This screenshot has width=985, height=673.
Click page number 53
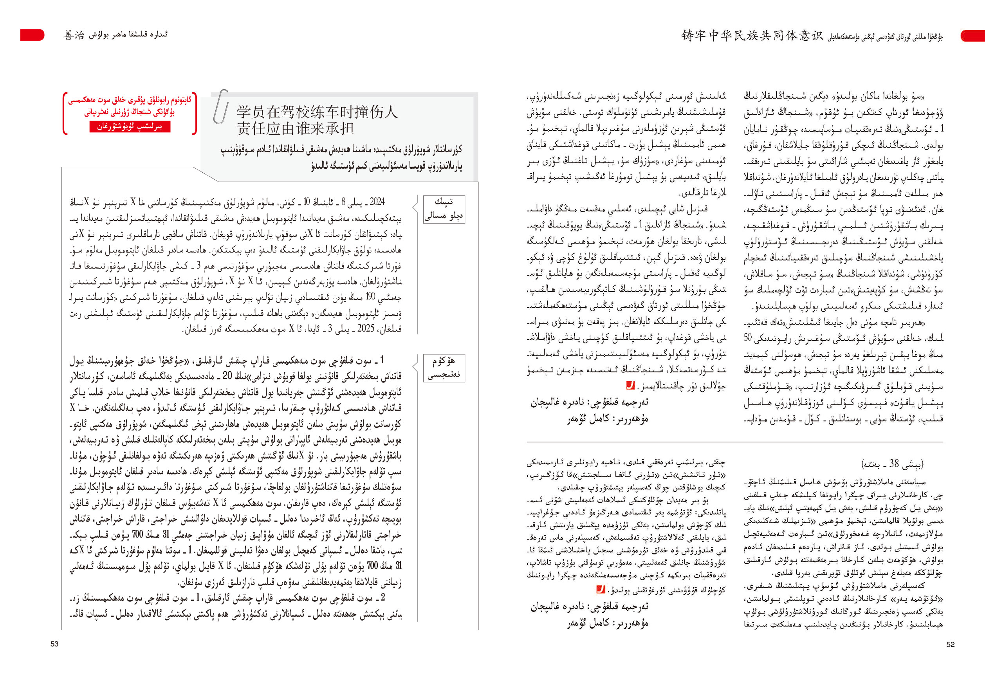[54, 644]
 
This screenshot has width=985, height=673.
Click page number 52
[950, 644]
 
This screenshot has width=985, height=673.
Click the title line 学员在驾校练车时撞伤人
[317, 112]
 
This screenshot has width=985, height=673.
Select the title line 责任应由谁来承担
[295, 128]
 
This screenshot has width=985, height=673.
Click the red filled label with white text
[130, 127]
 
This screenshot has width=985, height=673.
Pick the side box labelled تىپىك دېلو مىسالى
[444, 209]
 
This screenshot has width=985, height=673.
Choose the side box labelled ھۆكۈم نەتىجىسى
[444, 368]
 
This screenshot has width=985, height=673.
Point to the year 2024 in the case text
[376, 201]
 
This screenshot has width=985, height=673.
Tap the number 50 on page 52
[748, 338]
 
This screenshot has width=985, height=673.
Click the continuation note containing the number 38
[892, 463]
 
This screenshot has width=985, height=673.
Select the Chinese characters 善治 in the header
[74, 35]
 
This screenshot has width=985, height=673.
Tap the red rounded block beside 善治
[32, 35]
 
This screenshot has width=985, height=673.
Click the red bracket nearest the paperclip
[195, 113]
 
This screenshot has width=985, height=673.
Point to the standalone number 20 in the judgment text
[227, 375]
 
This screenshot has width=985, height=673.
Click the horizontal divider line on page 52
[734, 442]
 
